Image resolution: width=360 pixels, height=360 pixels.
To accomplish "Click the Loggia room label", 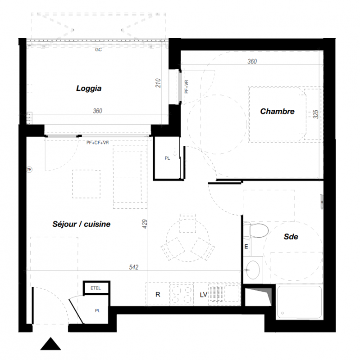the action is point(89,88).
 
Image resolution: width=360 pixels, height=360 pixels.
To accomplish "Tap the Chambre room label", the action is point(277,111).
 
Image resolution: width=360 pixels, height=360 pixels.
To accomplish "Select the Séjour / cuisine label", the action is point(82,224).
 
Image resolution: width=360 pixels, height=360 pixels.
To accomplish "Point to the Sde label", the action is point(291,237).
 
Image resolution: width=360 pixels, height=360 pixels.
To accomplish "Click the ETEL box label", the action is point(96,288).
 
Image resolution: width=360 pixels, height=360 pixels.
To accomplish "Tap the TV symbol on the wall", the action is point(29,170).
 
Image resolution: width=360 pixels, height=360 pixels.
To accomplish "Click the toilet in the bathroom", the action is point(256,230).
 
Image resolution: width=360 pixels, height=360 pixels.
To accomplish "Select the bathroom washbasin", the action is point(253,270).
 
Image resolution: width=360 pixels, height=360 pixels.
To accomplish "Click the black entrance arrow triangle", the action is point(50,344).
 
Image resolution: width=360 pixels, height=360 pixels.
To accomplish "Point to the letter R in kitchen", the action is point(158,295).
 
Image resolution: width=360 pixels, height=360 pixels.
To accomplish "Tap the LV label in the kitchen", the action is point(204,295).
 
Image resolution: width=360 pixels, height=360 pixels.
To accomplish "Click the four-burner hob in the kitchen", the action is point(182,295).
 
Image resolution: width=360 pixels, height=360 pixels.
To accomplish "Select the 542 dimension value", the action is point(133,267).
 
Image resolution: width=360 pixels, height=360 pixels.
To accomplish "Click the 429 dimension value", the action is point(145,224).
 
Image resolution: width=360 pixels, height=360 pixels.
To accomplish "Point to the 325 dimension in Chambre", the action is point(316,114).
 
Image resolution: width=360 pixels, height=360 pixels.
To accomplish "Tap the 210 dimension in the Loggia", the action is point(158,83).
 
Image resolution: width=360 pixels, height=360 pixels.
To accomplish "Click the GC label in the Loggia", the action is point(98,49).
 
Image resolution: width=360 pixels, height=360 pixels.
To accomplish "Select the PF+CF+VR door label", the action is point(97,143).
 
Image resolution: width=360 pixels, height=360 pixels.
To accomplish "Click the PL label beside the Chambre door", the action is point(167,158).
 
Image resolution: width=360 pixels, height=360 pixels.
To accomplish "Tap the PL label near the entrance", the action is point(97,310).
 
